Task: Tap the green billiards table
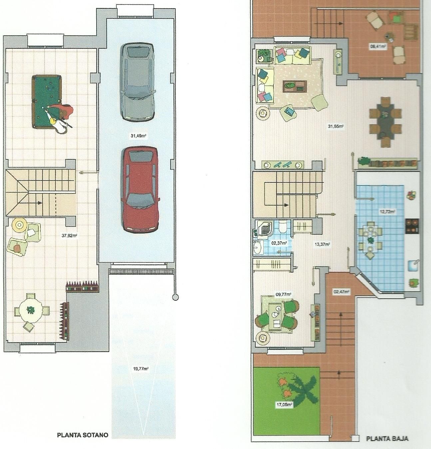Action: (x=46, y=101)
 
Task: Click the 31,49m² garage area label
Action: (x=139, y=136)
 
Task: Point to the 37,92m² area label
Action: (x=69, y=235)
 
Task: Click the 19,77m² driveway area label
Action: (x=140, y=369)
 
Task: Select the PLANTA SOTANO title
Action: (x=83, y=435)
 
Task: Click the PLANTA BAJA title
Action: (x=387, y=438)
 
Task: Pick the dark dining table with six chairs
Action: (x=385, y=122)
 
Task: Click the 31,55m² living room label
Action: (x=335, y=126)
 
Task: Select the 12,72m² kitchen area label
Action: (x=387, y=211)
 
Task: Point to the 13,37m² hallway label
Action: (x=322, y=244)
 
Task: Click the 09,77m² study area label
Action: (x=283, y=295)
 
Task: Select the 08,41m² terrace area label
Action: (x=378, y=46)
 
